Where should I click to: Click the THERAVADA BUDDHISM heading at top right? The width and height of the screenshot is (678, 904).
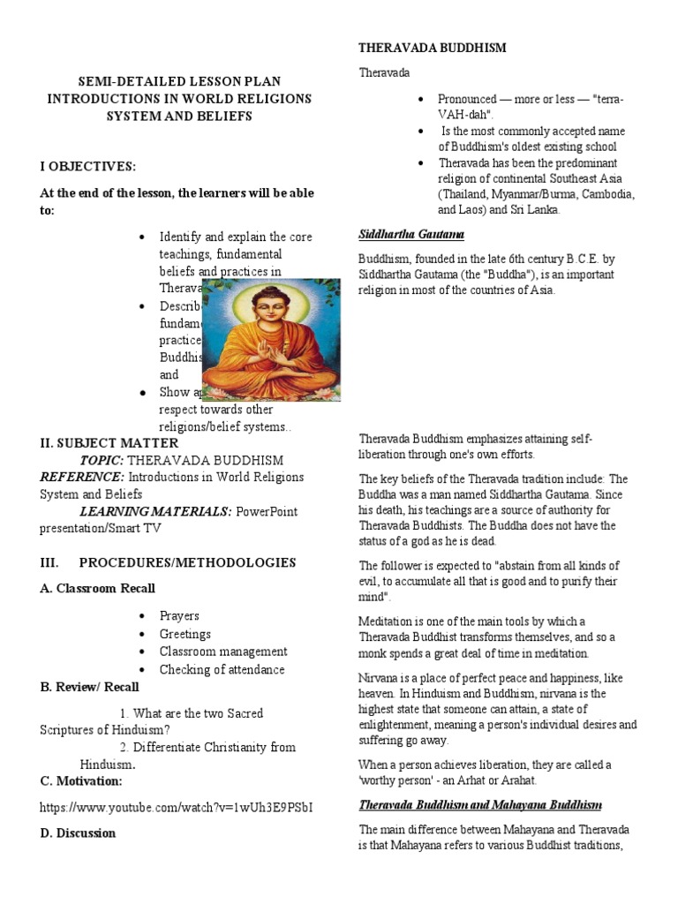pos(432,49)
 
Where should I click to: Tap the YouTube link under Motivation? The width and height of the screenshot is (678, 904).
pos(177,807)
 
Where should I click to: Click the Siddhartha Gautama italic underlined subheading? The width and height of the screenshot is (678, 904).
pos(411,234)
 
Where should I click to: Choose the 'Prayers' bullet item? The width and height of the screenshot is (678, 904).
pos(179,616)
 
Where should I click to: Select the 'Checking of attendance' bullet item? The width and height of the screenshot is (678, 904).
pos(222,669)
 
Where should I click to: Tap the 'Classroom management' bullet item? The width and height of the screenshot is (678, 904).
pos(223,652)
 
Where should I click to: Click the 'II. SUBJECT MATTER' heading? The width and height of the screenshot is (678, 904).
pos(109,442)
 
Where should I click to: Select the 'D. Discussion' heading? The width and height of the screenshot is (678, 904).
pos(78,832)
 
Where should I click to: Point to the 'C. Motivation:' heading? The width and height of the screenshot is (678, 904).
pos(80,780)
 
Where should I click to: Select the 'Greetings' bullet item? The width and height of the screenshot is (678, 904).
pos(185,634)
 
